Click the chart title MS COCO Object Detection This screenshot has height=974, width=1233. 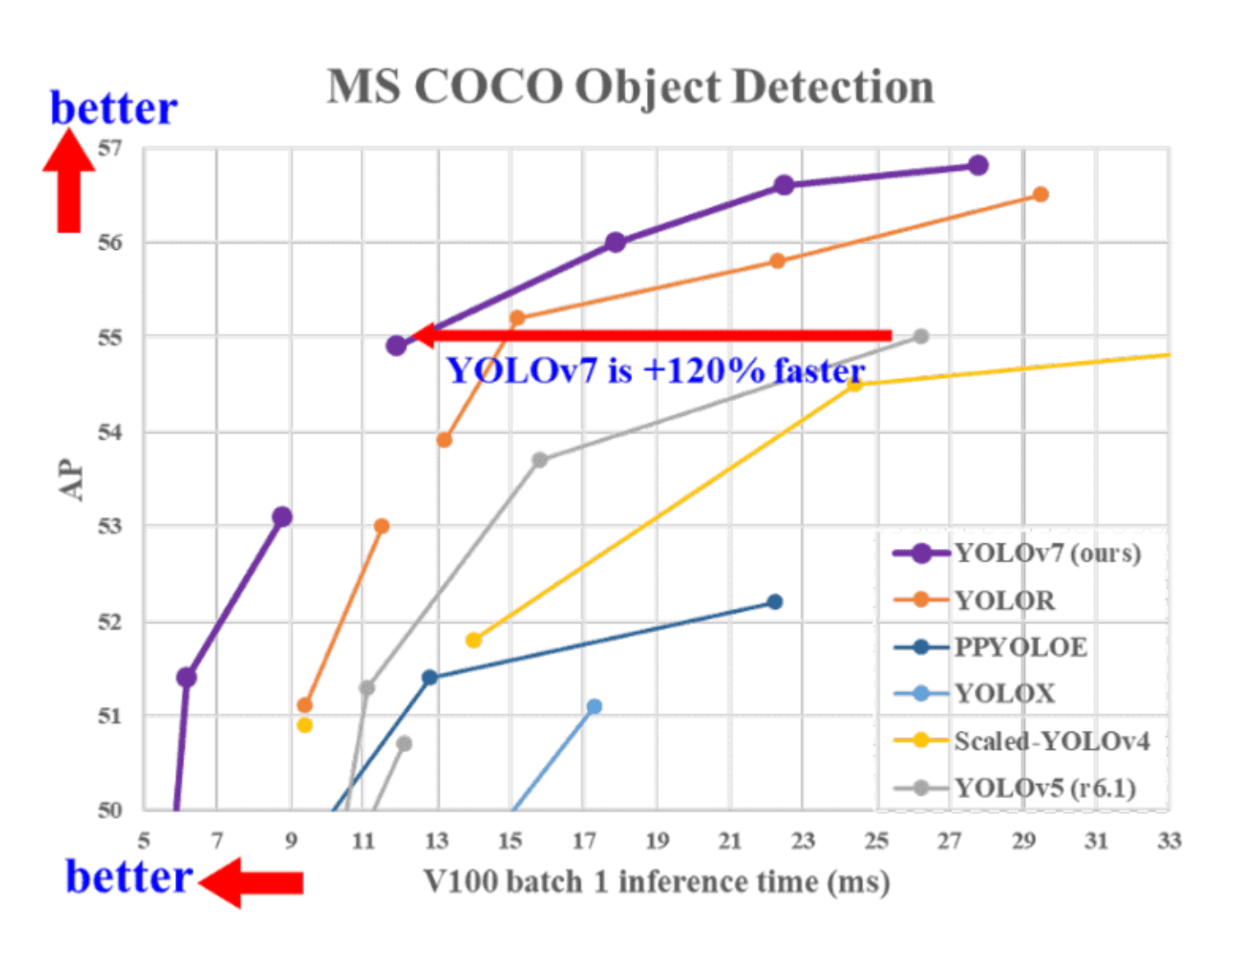pos(630,87)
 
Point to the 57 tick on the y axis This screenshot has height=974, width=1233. pos(109,149)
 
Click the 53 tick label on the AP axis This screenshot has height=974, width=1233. pos(109,526)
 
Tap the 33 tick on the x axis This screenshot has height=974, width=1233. pos(1169,841)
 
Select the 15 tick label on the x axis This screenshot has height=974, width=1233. pos(510,841)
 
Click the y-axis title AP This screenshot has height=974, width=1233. pos(72,479)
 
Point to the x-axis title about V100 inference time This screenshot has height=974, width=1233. pos(656,882)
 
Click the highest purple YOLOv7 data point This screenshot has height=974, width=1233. pos(977,165)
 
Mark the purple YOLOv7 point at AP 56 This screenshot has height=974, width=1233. pos(616,242)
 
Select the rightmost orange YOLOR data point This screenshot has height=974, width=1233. pos(1040,195)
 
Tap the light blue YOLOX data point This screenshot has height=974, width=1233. pos(594,706)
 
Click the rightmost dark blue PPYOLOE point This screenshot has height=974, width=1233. pos(774,602)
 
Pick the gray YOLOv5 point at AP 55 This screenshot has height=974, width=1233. pos(921,336)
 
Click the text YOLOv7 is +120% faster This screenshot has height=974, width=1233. pos(655,372)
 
